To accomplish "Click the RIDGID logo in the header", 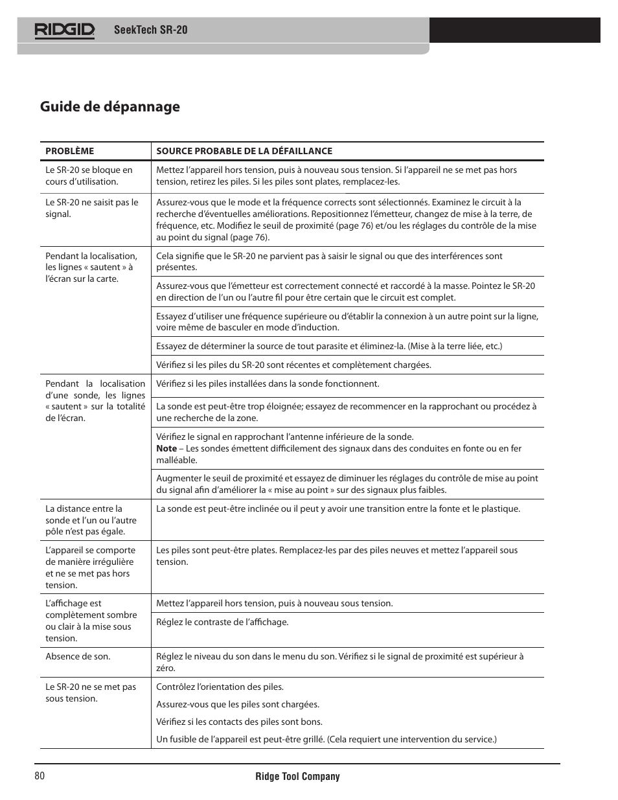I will pos(65,30).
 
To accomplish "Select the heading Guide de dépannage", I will pos(109,106).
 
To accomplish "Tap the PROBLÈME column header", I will pos(69,151).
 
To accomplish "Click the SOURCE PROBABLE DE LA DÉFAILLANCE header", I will pos(244,151).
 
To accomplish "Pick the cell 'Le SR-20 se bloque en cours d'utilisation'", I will pos(89,176).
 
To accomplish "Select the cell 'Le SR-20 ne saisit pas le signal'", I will pos(91,208).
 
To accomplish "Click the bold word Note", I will pos(166,448).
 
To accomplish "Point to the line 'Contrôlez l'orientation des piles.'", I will pos(220,687).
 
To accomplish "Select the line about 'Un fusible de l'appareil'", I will pos(326,739).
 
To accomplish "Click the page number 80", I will pos(40,776).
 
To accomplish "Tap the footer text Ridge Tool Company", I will pos(297,776).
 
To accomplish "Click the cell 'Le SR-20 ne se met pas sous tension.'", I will pos(90,692).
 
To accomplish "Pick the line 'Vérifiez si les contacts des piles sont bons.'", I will pos(239,722).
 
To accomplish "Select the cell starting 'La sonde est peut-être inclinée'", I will pos(338,509).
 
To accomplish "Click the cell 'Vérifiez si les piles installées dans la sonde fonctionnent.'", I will pos(268,383).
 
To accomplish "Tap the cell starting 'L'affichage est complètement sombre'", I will pos(91,621).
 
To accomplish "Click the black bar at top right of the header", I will pos(514,30).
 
